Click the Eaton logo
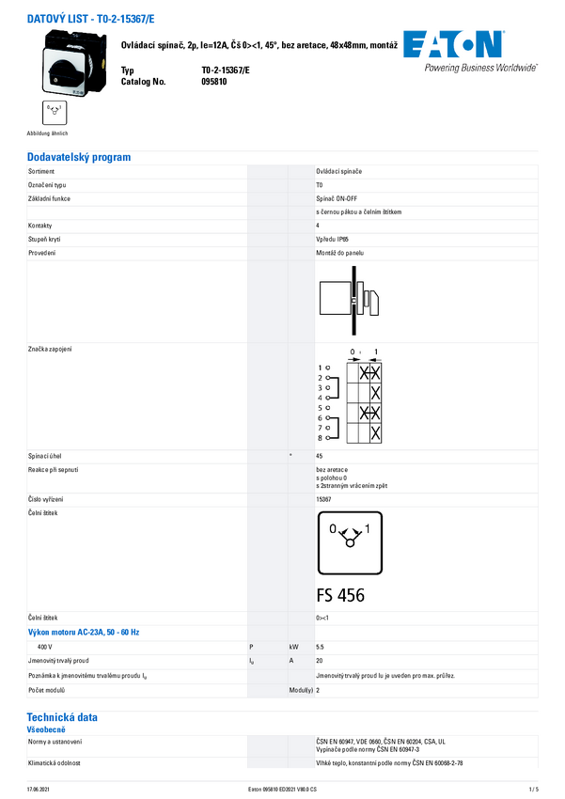click(453, 44)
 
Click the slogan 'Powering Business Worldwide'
click(480, 68)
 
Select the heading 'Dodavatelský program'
click(79, 158)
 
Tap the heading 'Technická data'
click(62, 717)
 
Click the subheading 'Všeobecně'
click(46, 729)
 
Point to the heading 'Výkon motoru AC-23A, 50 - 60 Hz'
click(84, 633)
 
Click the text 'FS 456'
click(340, 595)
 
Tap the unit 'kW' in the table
click(294, 648)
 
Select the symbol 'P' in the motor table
click(251, 648)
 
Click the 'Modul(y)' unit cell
click(301, 690)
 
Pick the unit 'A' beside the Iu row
click(291, 662)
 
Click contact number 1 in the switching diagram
click(320, 368)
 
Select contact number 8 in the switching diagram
click(320, 438)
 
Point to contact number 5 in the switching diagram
click(320, 408)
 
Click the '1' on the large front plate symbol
click(368, 529)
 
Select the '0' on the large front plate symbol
click(333, 529)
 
